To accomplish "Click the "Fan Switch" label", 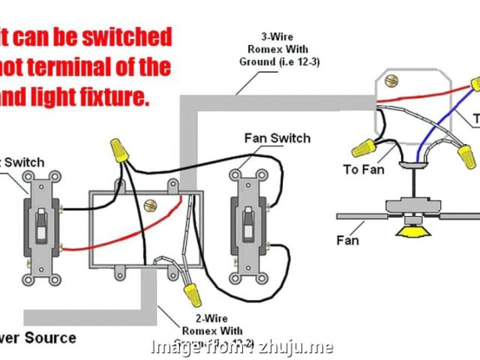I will point(277,138).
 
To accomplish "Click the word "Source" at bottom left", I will point(50,337).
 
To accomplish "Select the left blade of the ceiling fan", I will point(360,216).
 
